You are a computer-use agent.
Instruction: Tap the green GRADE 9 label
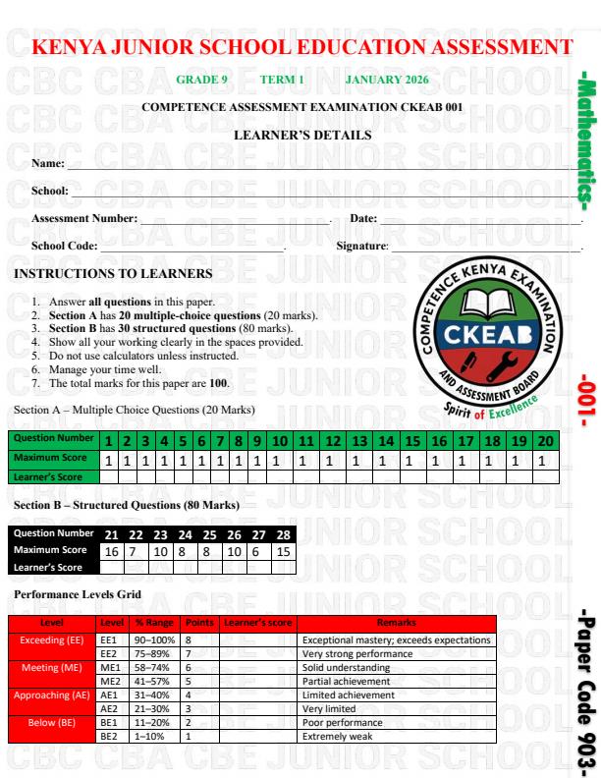[201, 79]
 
